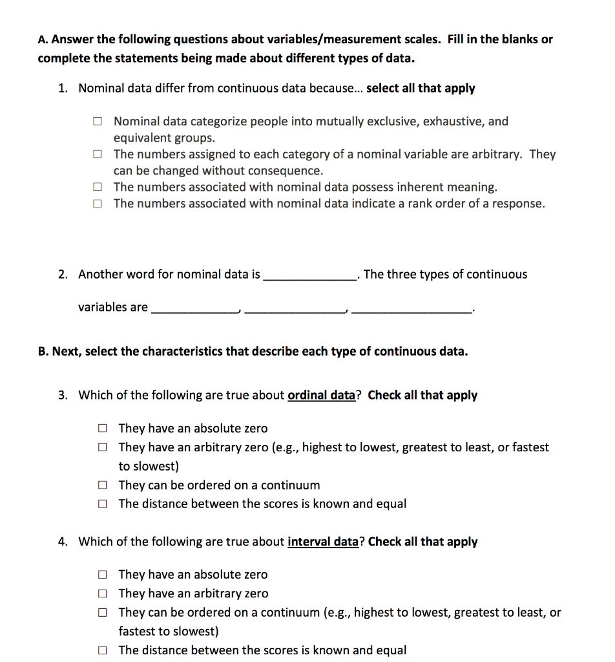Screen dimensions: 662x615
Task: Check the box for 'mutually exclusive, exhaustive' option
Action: (x=96, y=121)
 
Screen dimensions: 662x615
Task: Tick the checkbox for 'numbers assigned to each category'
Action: (x=96, y=155)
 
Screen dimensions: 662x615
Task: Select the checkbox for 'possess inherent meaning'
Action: (x=96, y=187)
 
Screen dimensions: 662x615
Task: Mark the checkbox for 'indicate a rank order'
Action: (x=96, y=204)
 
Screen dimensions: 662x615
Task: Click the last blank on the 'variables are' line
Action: (x=412, y=308)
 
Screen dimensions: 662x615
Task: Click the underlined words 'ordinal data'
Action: (x=321, y=395)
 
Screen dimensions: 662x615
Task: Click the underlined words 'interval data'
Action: (x=322, y=542)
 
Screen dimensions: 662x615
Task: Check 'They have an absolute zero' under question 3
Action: (x=102, y=429)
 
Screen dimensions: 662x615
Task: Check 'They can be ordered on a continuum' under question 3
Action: (x=102, y=486)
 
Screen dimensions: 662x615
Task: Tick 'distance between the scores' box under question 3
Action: (x=102, y=504)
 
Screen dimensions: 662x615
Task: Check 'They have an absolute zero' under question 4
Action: (x=102, y=575)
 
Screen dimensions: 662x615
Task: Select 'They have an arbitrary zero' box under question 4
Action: (x=102, y=593)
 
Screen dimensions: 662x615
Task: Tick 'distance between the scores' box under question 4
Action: (x=102, y=651)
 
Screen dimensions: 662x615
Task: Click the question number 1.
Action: (x=63, y=88)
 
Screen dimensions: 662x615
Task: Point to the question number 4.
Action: (x=63, y=542)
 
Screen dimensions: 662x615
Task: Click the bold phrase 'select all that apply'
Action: (x=420, y=88)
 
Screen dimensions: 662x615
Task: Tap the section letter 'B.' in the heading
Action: (x=43, y=352)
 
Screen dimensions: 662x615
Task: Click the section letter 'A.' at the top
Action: (x=43, y=39)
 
